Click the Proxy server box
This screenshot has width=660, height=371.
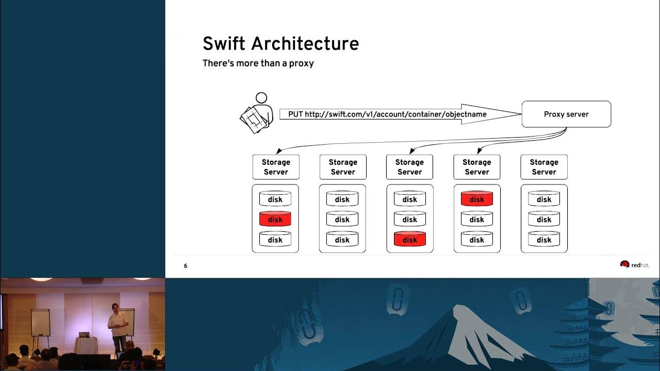tap(566, 114)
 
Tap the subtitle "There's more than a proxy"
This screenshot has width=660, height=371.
tap(258, 63)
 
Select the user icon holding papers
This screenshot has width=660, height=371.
tap(257, 113)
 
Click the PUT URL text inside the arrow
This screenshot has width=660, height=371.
tap(387, 114)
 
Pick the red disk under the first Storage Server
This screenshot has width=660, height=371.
tap(275, 220)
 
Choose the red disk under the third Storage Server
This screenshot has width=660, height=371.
tap(410, 240)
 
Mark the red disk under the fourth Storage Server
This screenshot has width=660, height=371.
tap(477, 199)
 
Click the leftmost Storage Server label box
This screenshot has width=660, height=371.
tap(276, 167)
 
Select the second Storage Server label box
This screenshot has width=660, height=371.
tap(343, 167)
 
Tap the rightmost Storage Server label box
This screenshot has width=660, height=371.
tap(544, 167)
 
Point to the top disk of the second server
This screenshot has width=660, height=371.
tap(342, 199)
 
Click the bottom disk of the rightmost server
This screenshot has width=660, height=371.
tap(544, 240)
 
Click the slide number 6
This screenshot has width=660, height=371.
tap(186, 266)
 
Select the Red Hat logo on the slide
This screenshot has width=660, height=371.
tap(634, 265)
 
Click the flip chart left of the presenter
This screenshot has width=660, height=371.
tap(40, 323)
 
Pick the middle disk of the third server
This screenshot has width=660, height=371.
tap(410, 220)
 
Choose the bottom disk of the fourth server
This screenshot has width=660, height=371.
tap(477, 240)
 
